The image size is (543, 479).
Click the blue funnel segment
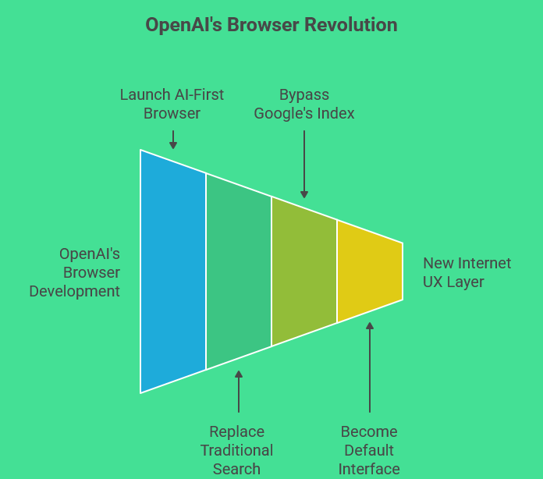coord(173,271)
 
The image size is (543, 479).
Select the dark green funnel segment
coord(239,271)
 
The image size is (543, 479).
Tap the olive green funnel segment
coord(304,271)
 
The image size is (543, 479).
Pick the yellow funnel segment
coord(370,271)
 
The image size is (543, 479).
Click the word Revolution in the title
coord(351,25)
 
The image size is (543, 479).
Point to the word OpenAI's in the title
coord(183,25)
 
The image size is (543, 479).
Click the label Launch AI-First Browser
coord(172,104)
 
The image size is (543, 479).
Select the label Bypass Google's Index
coord(304,104)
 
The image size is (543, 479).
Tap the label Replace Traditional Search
coord(237,450)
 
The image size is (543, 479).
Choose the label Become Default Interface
coord(369,450)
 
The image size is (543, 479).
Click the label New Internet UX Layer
coord(467,272)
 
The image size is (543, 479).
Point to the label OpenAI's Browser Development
coord(75,272)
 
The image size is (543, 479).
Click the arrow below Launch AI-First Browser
coord(173,140)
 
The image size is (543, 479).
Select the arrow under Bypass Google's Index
coord(304,164)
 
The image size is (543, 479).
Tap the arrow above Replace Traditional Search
coord(239,392)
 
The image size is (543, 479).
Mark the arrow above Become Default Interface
coord(370,367)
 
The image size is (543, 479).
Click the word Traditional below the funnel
coord(237,450)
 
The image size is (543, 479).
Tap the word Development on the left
coord(75,291)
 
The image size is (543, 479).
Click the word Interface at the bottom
coord(369,469)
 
